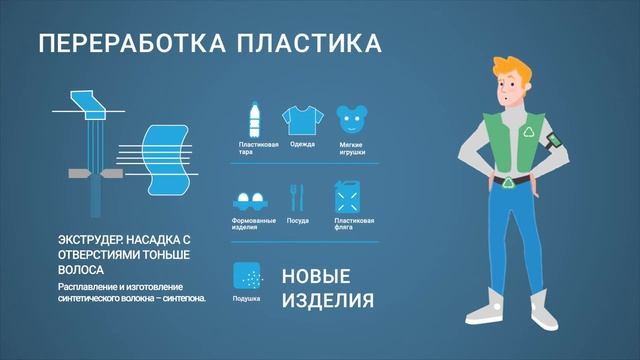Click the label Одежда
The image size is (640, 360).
click(x=302, y=146)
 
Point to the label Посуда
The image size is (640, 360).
click(x=297, y=220)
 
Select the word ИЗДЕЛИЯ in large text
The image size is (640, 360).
click(x=328, y=300)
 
